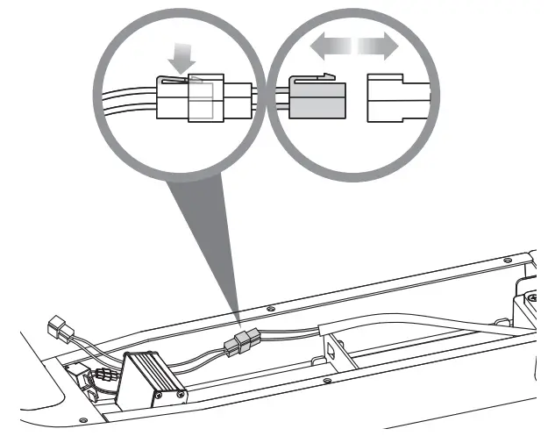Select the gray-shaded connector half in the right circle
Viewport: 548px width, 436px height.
click(x=317, y=99)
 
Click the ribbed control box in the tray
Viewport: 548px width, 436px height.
click(x=150, y=373)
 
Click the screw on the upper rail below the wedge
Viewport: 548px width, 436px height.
click(x=270, y=308)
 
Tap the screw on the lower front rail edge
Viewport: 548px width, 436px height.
click(x=326, y=381)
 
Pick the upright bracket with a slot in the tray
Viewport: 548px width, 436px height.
click(x=329, y=351)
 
